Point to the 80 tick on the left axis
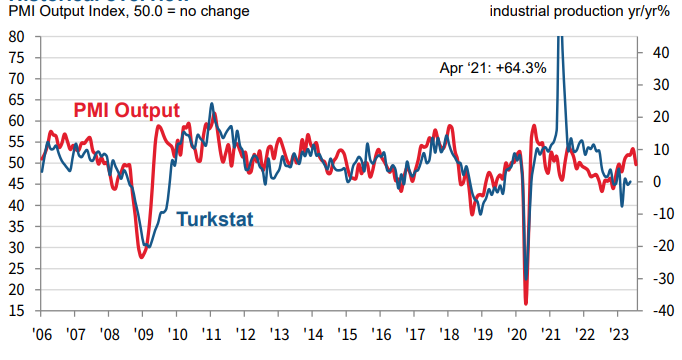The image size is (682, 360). coord(17,36)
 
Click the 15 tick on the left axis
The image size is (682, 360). coord(17,312)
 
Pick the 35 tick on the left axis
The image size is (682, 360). coord(17,227)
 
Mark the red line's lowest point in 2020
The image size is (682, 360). coord(526,303)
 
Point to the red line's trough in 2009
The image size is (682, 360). coord(141,258)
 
